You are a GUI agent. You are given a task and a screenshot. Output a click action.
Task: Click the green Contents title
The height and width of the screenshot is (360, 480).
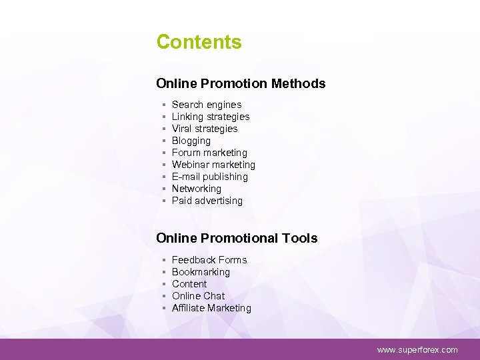point(199,42)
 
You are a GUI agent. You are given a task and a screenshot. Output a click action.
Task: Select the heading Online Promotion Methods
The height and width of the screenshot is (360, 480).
point(241,83)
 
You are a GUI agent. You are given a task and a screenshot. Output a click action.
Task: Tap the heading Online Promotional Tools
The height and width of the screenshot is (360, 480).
point(237,238)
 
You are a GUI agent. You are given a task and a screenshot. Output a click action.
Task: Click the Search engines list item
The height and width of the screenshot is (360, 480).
point(207,105)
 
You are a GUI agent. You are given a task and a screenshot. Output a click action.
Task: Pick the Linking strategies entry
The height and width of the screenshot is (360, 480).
point(211,117)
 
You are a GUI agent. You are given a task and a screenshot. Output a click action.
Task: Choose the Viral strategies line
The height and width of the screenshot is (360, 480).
point(205,129)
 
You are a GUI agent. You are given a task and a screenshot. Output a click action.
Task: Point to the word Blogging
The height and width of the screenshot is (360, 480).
point(191,141)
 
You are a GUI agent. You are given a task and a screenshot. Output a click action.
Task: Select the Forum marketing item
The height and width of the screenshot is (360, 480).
point(209,153)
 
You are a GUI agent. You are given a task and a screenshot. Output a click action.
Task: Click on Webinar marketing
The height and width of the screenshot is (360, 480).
point(213,165)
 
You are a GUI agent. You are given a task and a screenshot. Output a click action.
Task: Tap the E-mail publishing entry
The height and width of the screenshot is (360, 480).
point(210,177)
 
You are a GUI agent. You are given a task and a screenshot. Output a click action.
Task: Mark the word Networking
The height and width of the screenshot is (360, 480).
point(197,189)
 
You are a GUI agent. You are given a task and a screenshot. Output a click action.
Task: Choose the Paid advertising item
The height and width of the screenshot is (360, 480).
point(207,201)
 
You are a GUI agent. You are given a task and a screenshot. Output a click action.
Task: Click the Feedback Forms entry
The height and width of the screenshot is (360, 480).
point(209,260)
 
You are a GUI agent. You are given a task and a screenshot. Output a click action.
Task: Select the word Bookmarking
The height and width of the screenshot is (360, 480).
point(201,272)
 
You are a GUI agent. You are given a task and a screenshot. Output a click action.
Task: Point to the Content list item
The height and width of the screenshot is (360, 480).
point(189,284)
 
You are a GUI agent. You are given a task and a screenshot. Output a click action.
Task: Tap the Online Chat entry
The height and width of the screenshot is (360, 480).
point(198,296)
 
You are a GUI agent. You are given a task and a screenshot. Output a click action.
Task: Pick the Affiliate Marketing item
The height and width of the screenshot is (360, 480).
point(211,308)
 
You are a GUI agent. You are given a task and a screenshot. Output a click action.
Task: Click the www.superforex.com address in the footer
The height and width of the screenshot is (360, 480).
point(417,349)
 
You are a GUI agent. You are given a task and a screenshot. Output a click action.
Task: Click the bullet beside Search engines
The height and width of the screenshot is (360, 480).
point(163,105)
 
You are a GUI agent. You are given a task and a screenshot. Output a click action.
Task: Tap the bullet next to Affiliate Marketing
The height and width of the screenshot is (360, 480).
point(163,309)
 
